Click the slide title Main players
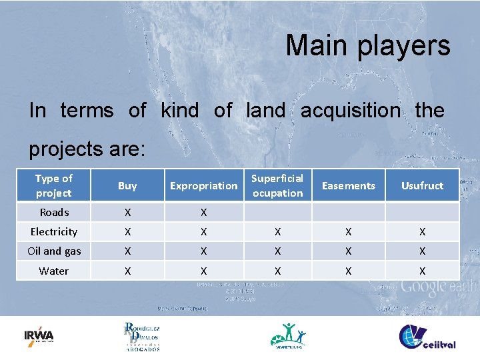[x=368, y=46]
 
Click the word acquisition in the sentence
[x=351, y=110]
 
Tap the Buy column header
[x=127, y=186]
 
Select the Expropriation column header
[x=203, y=186]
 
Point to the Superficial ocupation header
[x=277, y=186]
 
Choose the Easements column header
[x=349, y=186]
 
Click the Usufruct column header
[x=422, y=186]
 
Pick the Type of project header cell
[x=53, y=186]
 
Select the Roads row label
[x=54, y=213]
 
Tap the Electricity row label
[x=54, y=232]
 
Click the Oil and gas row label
[x=54, y=251]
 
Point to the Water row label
[x=54, y=271]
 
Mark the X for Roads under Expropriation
[x=203, y=213]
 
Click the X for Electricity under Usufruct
[x=422, y=232]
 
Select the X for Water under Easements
[x=349, y=271]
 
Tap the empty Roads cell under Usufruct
[x=422, y=213]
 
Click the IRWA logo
[x=39, y=335]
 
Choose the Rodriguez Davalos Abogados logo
[x=141, y=336]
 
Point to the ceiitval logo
[x=427, y=336]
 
